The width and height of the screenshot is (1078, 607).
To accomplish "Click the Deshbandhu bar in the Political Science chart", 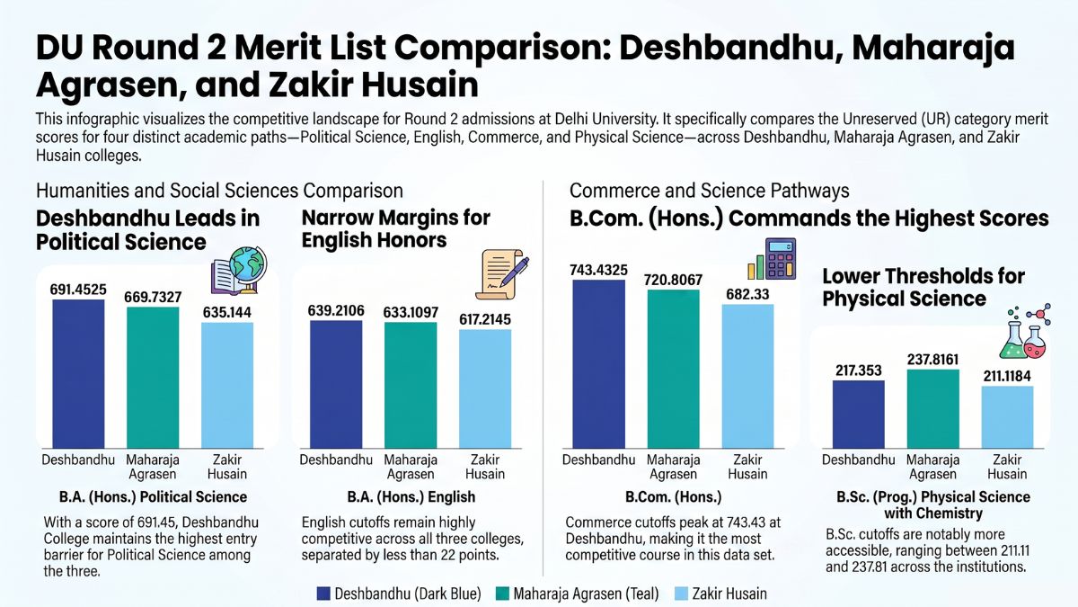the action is (x=78, y=374).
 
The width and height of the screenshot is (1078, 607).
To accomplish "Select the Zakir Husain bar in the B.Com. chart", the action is (x=747, y=376).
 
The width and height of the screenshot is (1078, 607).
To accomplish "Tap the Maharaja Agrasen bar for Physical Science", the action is (x=933, y=409).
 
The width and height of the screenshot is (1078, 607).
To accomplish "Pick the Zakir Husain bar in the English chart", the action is (x=485, y=389).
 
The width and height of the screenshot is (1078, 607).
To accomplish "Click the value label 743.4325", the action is (x=598, y=271).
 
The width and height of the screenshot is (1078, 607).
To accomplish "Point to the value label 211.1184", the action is (x=1007, y=376).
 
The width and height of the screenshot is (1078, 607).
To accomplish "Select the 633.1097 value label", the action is (x=411, y=313).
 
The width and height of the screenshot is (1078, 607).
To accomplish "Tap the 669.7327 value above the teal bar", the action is (x=153, y=298).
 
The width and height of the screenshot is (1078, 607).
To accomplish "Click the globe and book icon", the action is (x=239, y=271).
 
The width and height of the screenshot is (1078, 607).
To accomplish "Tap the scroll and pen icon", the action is (x=502, y=274).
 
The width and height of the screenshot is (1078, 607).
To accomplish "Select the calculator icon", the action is (x=772, y=259).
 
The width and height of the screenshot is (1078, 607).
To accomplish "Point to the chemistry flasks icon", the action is (x=1025, y=333).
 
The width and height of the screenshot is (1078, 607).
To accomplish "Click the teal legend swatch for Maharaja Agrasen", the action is (x=502, y=594).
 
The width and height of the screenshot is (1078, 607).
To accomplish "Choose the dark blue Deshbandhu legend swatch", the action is (x=323, y=594).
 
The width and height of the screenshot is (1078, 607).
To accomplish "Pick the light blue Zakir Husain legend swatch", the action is (x=682, y=594).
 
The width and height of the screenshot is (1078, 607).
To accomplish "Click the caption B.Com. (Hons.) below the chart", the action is (x=673, y=497).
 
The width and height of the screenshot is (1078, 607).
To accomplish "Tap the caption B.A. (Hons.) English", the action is (x=411, y=497).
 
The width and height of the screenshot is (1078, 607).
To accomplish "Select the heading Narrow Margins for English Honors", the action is (x=395, y=228).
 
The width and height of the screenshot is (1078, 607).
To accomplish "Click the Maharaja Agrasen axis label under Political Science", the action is (x=153, y=467).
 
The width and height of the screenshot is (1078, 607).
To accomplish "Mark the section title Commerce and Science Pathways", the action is (x=710, y=191).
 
